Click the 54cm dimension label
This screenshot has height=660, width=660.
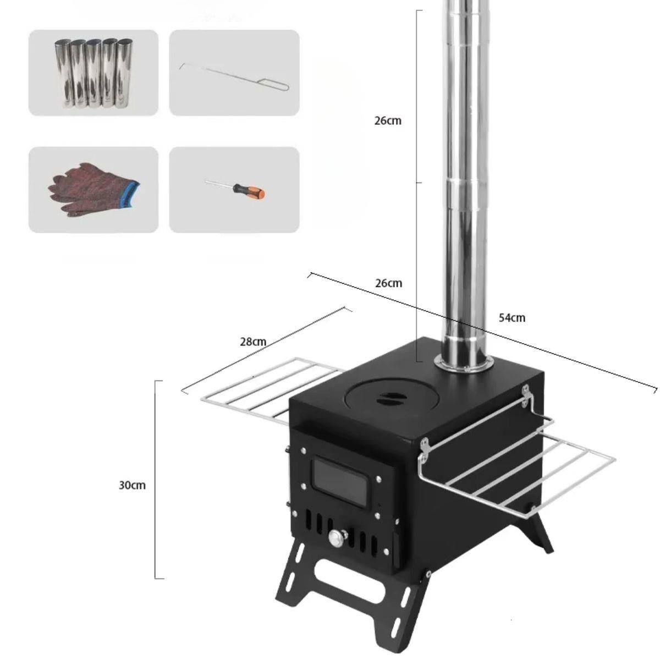click(512, 318)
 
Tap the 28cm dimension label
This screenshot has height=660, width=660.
click(253, 342)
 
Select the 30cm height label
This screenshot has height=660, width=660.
click(132, 485)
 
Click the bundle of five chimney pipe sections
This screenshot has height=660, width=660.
click(93, 73)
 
